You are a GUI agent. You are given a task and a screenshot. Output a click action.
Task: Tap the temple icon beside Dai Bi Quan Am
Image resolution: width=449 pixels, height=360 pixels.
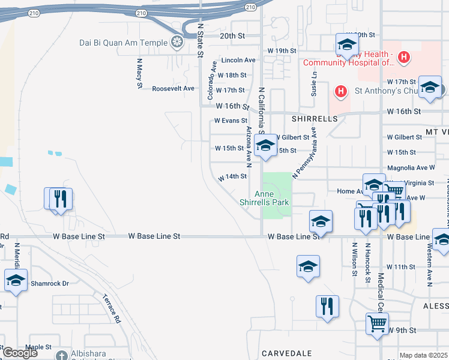(176, 42)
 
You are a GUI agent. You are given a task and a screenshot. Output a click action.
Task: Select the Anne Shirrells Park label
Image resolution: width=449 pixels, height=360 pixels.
(273, 198)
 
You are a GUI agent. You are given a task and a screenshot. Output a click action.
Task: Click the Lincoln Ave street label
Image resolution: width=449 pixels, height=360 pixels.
(238, 60)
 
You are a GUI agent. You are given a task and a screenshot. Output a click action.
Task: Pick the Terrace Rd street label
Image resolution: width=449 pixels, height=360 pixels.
(112, 309)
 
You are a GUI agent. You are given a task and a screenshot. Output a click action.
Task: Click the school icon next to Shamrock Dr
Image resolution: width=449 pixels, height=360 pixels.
(16, 280)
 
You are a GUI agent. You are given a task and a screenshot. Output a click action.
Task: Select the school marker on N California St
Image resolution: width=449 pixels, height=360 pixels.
(265, 145)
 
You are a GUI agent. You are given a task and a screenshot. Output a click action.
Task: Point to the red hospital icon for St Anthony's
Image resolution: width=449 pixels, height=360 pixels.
(340, 92)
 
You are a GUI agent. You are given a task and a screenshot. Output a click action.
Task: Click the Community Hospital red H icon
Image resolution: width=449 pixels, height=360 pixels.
(405, 58)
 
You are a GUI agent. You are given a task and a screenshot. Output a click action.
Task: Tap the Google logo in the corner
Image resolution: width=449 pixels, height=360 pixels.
(20, 353)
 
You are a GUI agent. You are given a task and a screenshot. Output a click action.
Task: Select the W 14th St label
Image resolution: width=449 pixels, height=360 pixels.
(232, 177)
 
